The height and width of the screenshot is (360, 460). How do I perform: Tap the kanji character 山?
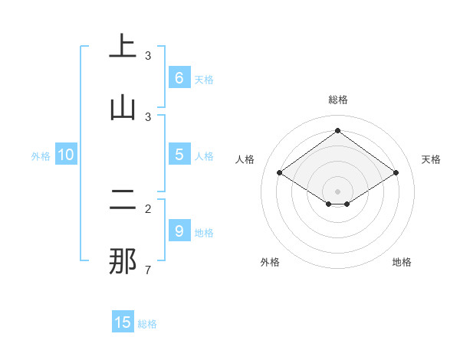click(x=123, y=108)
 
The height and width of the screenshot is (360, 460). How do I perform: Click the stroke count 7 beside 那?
click(x=148, y=270)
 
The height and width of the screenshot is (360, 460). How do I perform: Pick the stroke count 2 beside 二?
click(x=148, y=208)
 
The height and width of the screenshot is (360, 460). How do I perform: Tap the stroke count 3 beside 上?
click(x=148, y=55)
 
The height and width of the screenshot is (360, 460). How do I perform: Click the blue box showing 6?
click(x=179, y=77)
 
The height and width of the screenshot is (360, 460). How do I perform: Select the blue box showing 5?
click(x=179, y=155)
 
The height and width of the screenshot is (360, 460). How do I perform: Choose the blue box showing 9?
click(x=179, y=231)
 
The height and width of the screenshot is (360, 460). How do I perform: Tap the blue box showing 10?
click(x=66, y=155)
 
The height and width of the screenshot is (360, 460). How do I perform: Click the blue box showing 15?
click(x=123, y=322)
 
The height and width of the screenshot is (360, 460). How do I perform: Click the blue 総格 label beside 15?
click(x=147, y=324)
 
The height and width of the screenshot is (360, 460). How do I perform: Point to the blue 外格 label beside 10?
click(x=41, y=156)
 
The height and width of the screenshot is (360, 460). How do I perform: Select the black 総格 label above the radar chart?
click(x=337, y=100)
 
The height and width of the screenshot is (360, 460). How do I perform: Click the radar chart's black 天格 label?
click(x=431, y=159)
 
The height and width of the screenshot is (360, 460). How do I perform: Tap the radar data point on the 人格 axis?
click(x=280, y=173)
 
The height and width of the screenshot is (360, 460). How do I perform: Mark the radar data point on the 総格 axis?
click(x=337, y=130)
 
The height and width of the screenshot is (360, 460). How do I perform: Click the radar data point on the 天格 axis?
click(x=396, y=173)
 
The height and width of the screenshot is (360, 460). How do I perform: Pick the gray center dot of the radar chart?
click(x=337, y=191)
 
